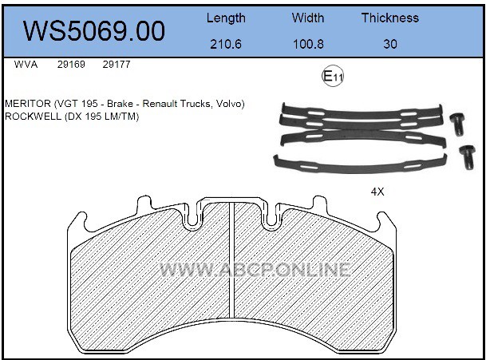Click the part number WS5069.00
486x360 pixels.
click(94, 31)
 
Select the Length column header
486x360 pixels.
click(226, 18)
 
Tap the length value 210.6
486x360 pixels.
click(226, 44)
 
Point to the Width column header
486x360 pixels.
click(308, 18)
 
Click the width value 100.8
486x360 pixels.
click(308, 44)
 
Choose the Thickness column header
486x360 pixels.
click(390, 18)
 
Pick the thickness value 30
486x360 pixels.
click(390, 44)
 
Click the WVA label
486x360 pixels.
click(26, 65)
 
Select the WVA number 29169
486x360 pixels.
click(71, 65)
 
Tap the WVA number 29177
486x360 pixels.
click(117, 65)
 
